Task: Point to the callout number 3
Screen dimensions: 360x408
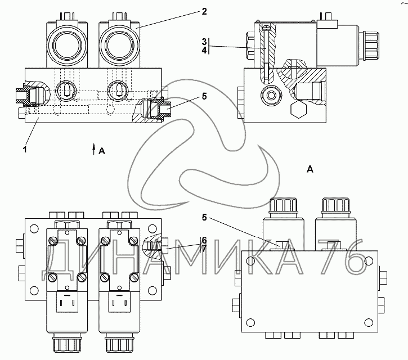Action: click(x=205, y=42)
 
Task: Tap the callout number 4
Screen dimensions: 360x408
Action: click(x=205, y=50)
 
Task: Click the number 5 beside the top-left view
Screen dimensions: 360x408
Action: click(x=203, y=96)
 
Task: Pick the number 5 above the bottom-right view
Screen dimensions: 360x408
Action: click(x=204, y=217)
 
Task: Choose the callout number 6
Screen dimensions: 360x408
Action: click(x=204, y=240)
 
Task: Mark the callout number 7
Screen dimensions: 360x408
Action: click(x=204, y=247)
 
